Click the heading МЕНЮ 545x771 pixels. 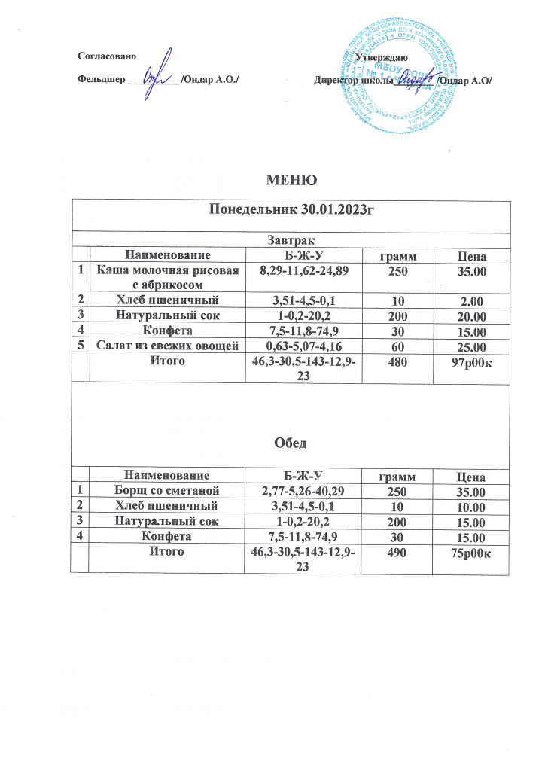[290, 180]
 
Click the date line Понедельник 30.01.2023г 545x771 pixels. [290, 210]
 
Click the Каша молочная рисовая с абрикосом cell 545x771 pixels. [166, 276]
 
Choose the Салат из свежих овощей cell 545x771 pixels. [166, 346]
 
